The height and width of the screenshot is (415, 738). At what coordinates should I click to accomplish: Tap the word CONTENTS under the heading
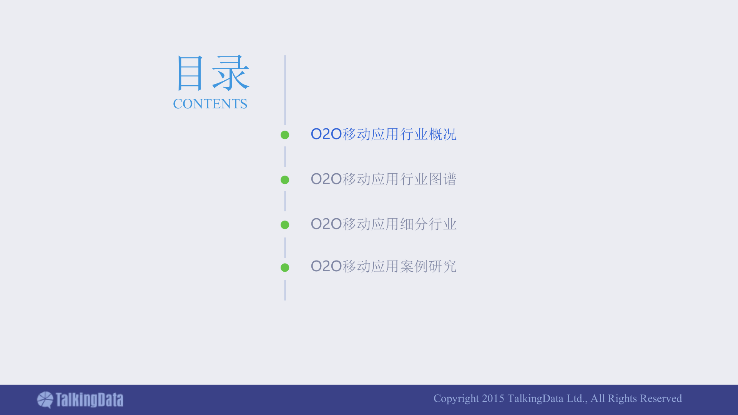pyautogui.click(x=210, y=104)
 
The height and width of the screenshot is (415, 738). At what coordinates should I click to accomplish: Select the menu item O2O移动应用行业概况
pyautogui.click(x=383, y=134)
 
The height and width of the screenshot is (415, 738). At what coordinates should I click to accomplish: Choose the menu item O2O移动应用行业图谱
pyautogui.click(x=383, y=179)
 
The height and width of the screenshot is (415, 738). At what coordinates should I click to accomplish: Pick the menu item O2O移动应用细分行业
pyautogui.click(x=383, y=224)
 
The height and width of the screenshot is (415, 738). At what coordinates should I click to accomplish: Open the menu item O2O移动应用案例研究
pyautogui.click(x=383, y=266)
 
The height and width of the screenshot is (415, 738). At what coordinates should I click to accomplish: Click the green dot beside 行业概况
pyautogui.click(x=285, y=135)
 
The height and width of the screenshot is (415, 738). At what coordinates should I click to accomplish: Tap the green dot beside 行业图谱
pyautogui.click(x=285, y=180)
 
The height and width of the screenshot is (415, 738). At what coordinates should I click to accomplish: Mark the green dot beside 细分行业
pyautogui.click(x=285, y=225)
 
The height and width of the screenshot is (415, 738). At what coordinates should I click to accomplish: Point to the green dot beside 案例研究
pyautogui.click(x=285, y=267)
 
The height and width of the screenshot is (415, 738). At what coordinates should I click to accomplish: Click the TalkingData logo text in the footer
pyautogui.click(x=89, y=400)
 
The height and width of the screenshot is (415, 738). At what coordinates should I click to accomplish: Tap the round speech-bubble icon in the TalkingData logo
pyautogui.click(x=45, y=400)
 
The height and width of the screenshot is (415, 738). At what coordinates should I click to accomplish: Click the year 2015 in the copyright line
pyautogui.click(x=493, y=398)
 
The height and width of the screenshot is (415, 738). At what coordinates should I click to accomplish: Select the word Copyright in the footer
pyautogui.click(x=456, y=399)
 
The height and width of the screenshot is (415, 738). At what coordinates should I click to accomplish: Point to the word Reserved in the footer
pyautogui.click(x=661, y=398)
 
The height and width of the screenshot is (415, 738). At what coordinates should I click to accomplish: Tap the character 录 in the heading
pyautogui.click(x=231, y=73)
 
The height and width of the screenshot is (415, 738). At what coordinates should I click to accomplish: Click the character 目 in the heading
pyautogui.click(x=189, y=73)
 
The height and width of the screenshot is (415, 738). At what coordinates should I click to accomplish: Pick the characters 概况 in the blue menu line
pyautogui.click(x=442, y=134)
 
